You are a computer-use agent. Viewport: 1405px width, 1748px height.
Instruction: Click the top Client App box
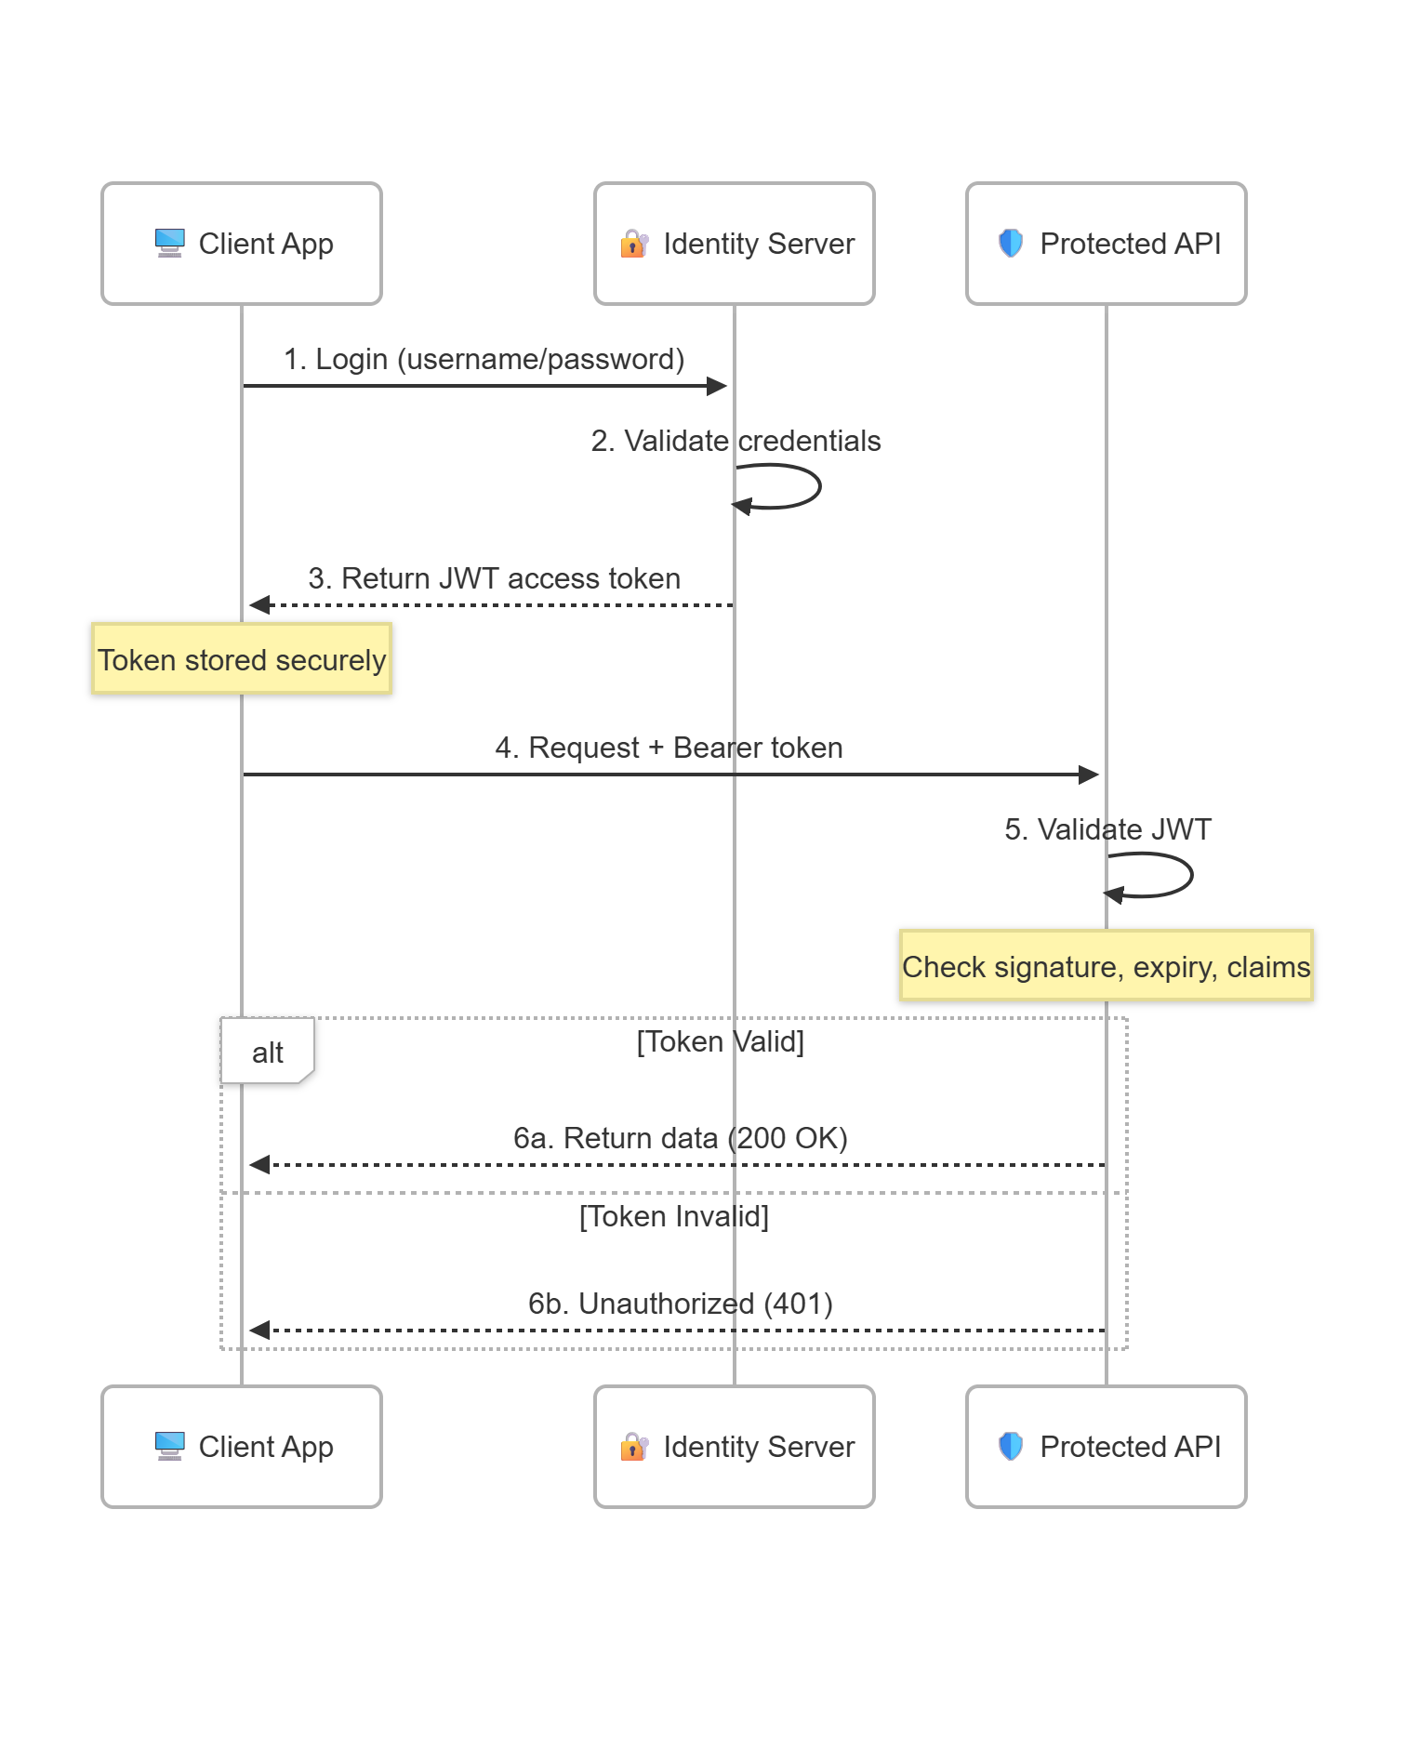coord(242,244)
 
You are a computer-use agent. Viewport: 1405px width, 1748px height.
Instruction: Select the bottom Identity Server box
coord(734,1446)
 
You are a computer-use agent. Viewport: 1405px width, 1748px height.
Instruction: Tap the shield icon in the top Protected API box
coord(1010,244)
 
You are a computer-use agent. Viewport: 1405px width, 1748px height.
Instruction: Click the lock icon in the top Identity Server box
coord(633,244)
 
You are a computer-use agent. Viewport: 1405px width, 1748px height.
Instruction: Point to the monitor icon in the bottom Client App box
coord(169,1446)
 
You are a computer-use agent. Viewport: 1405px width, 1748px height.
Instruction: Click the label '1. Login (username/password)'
coord(484,359)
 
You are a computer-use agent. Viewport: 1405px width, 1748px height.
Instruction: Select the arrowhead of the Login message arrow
coord(717,386)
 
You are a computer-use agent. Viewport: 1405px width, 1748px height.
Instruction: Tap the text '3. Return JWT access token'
coord(494,578)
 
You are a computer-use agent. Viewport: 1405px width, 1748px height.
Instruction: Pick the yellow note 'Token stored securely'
coord(242,659)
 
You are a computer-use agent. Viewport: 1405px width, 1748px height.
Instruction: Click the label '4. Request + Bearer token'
coord(669,748)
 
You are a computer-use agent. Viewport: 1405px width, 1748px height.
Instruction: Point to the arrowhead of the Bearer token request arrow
coord(1089,775)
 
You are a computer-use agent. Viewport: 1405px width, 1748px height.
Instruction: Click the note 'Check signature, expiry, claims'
coord(1106,966)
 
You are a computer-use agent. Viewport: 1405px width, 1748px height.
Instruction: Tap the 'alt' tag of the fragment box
coord(267,1053)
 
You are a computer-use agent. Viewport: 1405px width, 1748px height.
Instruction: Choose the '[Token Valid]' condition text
coord(720,1041)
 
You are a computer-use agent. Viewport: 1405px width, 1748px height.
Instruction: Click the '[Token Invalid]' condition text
coord(673,1216)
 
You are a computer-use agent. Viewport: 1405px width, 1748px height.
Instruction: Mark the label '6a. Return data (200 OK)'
coord(680,1138)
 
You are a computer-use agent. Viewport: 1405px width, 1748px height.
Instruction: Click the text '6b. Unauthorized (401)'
coord(680,1304)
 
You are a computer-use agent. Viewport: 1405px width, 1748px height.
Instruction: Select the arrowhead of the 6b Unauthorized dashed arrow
coord(259,1331)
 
